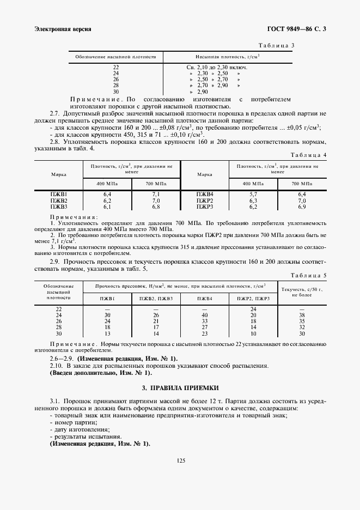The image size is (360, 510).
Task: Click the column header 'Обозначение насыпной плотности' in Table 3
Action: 115,56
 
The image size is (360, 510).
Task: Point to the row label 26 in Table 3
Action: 115,80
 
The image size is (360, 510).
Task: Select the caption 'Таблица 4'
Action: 309,155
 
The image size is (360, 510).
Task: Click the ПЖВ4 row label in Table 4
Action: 205,195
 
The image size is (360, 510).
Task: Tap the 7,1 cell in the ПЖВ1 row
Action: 155,195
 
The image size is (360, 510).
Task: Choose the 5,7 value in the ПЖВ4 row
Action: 253,195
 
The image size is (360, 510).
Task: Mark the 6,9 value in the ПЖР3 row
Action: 302,207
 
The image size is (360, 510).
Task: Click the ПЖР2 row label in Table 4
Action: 205,201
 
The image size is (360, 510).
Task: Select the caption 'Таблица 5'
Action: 309,276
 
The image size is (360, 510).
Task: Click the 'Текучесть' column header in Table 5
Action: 302,289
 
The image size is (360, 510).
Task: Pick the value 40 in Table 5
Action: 205,315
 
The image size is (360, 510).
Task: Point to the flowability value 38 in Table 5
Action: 302,315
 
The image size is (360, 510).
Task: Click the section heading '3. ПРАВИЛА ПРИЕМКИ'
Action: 180,388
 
